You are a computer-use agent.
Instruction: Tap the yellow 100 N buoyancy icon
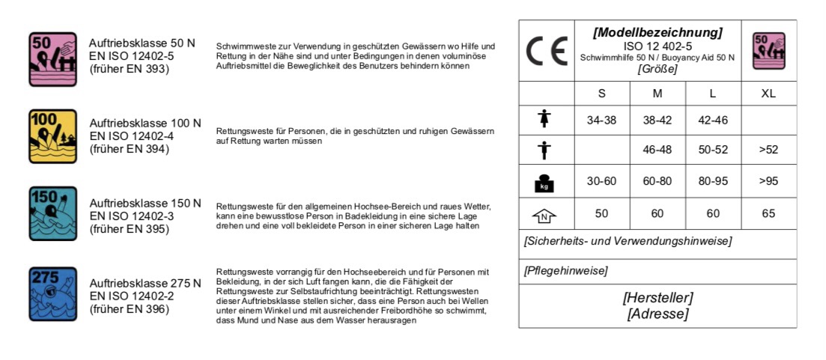pos(52,136)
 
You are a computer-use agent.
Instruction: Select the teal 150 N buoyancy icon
pos(52,213)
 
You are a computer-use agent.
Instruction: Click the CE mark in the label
pos(547,52)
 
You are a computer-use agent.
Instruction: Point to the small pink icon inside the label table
pos(768,51)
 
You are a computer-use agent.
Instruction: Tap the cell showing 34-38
pos(601,120)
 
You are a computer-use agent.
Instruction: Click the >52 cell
pos(768,150)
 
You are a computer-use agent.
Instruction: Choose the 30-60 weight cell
pos(601,181)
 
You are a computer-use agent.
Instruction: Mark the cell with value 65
pos(768,214)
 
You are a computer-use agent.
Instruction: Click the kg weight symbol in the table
pos(545,182)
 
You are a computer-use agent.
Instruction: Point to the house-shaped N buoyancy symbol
pos(545,215)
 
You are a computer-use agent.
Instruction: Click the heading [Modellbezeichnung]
pos(657,33)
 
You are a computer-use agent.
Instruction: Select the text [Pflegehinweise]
pos(565,271)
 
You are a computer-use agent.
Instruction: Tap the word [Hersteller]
pos(658,297)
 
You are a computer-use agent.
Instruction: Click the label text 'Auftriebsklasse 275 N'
pos(145,284)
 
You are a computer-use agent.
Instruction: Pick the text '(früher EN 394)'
pos(130,149)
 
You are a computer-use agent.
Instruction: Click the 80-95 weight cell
pos(712,181)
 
